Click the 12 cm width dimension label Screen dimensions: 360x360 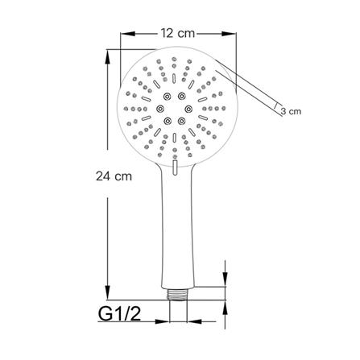(178, 33)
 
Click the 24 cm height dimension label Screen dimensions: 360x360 (114, 176)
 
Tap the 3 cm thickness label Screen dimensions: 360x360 (291, 111)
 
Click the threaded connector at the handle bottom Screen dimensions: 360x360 (178, 295)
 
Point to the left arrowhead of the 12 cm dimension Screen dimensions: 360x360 (127, 34)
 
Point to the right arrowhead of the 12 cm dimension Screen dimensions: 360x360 (229, 34)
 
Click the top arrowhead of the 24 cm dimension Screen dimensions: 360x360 (108, 56)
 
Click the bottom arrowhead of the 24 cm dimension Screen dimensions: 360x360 (108, 292)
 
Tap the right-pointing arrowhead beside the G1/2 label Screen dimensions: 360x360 (162, 321)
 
